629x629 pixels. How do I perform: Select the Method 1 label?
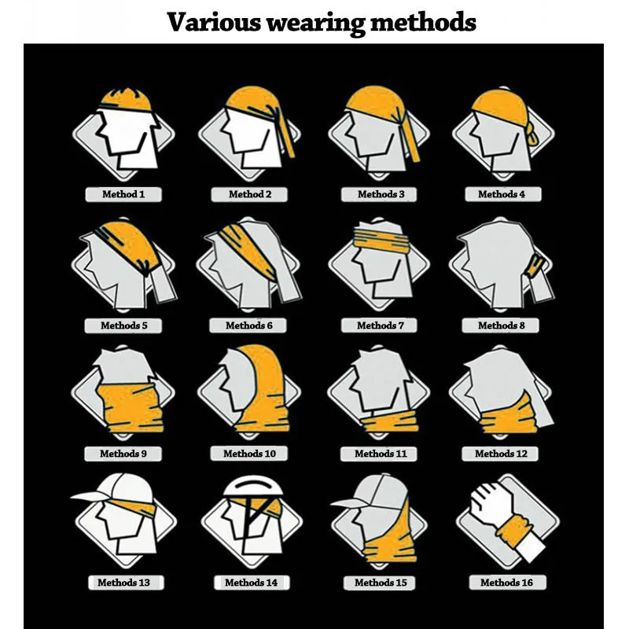click(x=123, y=193)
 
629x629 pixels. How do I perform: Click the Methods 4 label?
click(x=502, y=193)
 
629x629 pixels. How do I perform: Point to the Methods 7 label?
click(x=377, y=325)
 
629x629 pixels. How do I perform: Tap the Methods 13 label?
click(x=123, y=583)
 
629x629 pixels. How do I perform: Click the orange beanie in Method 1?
click(x=125, y=98)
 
